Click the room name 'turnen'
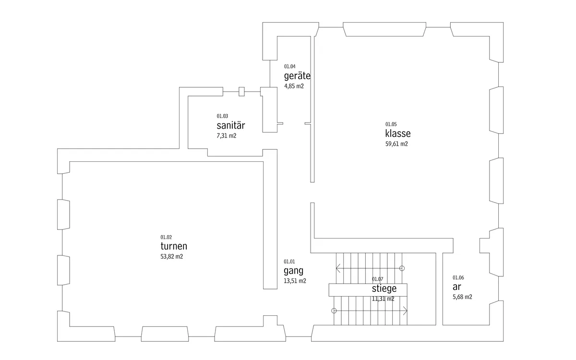pyautogui.click(x=174, y=246)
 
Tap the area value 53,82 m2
pyautogui.click(x=172, y=257)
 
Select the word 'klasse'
pyautogui.click(x=398, y=133)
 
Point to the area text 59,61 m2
pyautogui.click(x=396, y=144)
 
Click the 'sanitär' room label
pyautogui.click(x=231, y=125)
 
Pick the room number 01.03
pyautogui.click(x=222, y=116)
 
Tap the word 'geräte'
pyautogui.click(x=297, y=76)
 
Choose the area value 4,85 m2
pyautogui.click(x=294, y=86)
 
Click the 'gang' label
pyautogui.click(x=293, y=271)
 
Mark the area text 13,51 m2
pyautogui.click(x=295, y=281)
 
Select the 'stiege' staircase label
pyautogui.click(x=384, y=289)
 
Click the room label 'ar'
pyautogui.click(x=456, y=287)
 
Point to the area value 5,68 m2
pyautogui.click(x=462, y=297)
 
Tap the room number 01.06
pyautogui.click(x=458, y=278)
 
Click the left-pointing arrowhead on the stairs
pyautogui.click(x=338, y=268)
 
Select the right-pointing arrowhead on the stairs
pyautogui.click(x=405, y=311)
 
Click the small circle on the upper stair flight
pyautogui.click(x=402, y=268)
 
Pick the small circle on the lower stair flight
pyautogui.click(x=334, y=311)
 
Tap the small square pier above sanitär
pyautogui.click(x=241, y=92)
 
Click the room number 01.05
pyautogui.click(x=391, y=124)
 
